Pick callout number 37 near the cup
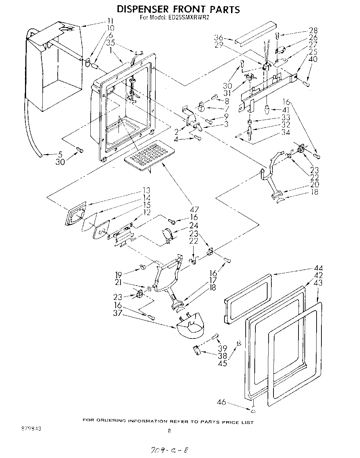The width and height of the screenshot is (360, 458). coord(118,313)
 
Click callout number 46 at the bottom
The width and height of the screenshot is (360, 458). coord(221,402)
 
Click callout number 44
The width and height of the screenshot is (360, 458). coord(318,268)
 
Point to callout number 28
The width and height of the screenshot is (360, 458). coord(313,30)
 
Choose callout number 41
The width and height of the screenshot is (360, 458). coord(285,109)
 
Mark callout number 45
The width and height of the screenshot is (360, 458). coord(222,363)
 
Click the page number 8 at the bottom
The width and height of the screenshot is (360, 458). coord(169,432)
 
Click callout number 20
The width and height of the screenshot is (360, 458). coord(314,185)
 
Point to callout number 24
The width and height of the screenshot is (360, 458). coord(194,226)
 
